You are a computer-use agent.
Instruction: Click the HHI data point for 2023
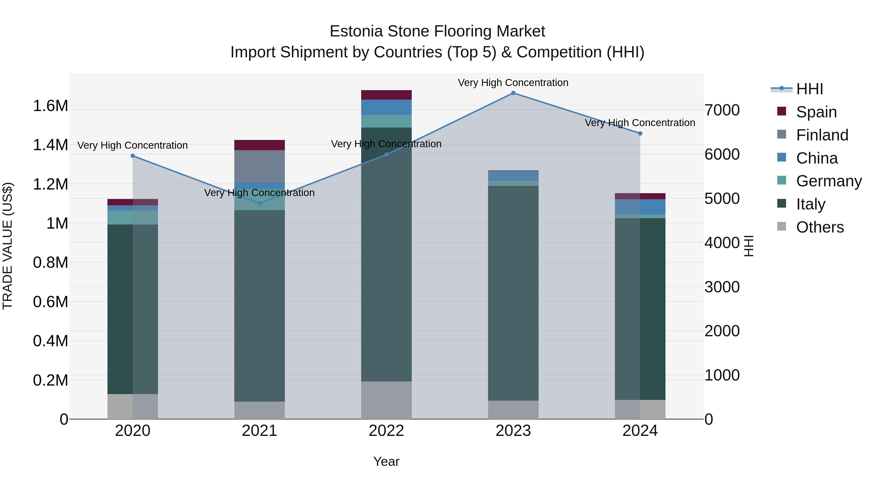(513, 93)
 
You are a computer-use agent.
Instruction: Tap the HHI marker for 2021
(260, 203)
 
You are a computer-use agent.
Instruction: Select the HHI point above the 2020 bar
(133, 156)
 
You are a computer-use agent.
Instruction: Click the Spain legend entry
(816, 112)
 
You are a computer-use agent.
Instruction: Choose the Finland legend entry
(822, 135)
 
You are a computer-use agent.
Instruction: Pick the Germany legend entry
(829, 181)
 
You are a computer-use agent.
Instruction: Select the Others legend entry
(820, 227)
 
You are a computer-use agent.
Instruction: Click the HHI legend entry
(809, 89)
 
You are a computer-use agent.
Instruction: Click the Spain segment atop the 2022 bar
(386, 95)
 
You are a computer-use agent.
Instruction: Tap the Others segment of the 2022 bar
(386, 400)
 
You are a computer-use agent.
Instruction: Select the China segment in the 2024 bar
(640, 207)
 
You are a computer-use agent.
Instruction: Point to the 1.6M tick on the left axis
(50, 106)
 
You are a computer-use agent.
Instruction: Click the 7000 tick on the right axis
(722, 110)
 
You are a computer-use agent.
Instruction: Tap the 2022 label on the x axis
(386, 431)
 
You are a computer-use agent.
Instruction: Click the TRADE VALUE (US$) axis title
(8, 246)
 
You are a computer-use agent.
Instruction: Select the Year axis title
(386, 461)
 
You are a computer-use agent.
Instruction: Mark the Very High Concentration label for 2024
(640, 123)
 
